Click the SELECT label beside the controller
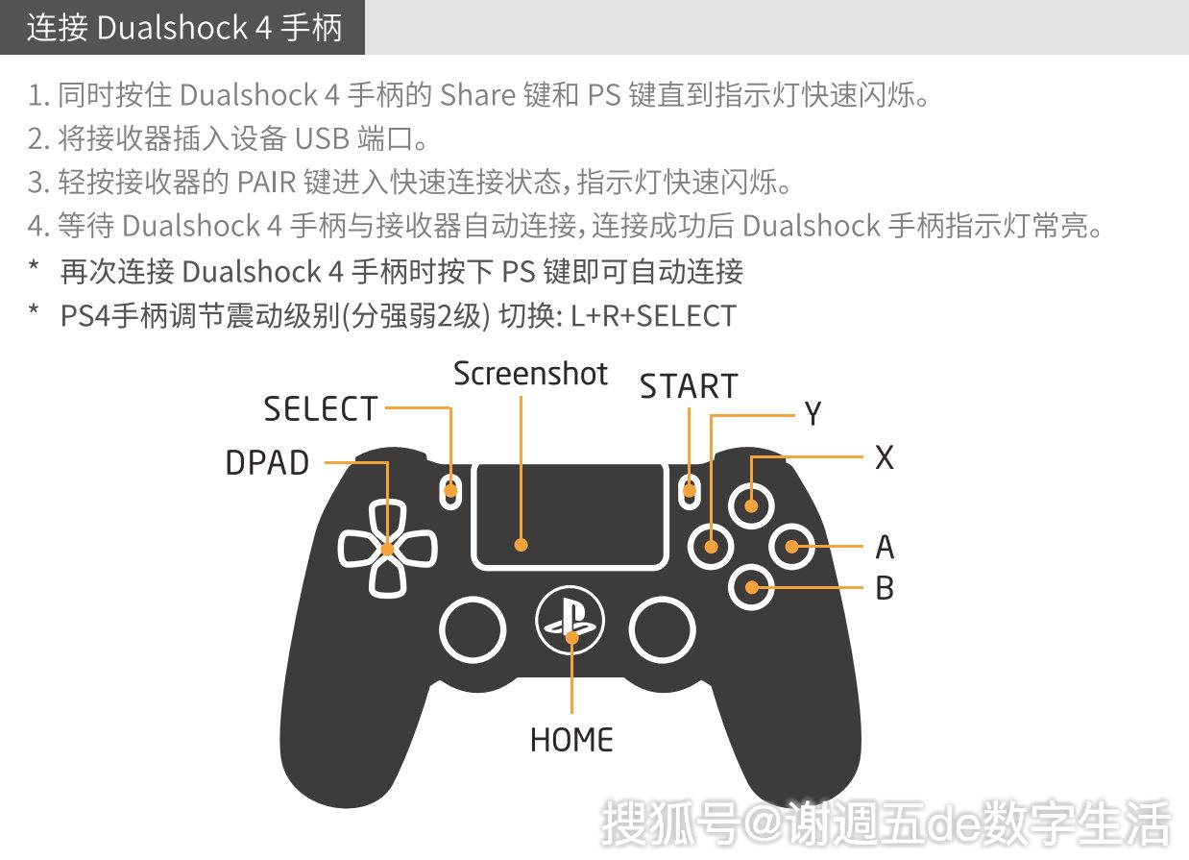(321, 409)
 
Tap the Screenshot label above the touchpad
(530, 374)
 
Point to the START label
(689, 386)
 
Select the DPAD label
(268, 463)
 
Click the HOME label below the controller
(571, 740)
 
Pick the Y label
(813, 414)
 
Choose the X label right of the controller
(885, 458)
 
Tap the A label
(885, 548)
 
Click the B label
(885, 588)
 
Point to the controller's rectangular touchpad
(570, 515)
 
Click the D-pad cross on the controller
(387, 549)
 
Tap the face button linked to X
(751, 503)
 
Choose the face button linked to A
(792, 546)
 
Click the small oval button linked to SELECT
(449, 490)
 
